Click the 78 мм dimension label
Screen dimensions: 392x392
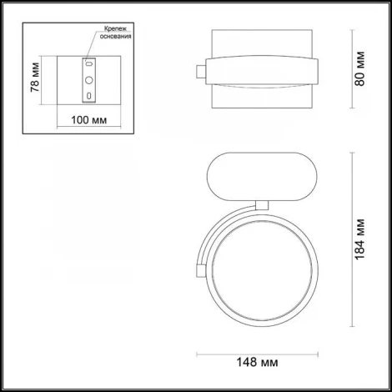click(35, 78)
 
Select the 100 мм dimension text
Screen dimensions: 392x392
click(88, 120)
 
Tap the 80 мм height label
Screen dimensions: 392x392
click(359, 68)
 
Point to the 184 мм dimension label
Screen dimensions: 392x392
click(359, 239)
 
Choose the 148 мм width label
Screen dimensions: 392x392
click(257, 362)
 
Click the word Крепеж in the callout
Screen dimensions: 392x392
click(115, 28)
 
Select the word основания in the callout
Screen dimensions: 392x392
click(115, 36)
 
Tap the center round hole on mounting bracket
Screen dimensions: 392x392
click(89, 80)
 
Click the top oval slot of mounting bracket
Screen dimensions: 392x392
click(89, 64)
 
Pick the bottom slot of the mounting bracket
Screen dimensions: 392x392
click(89, 96)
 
